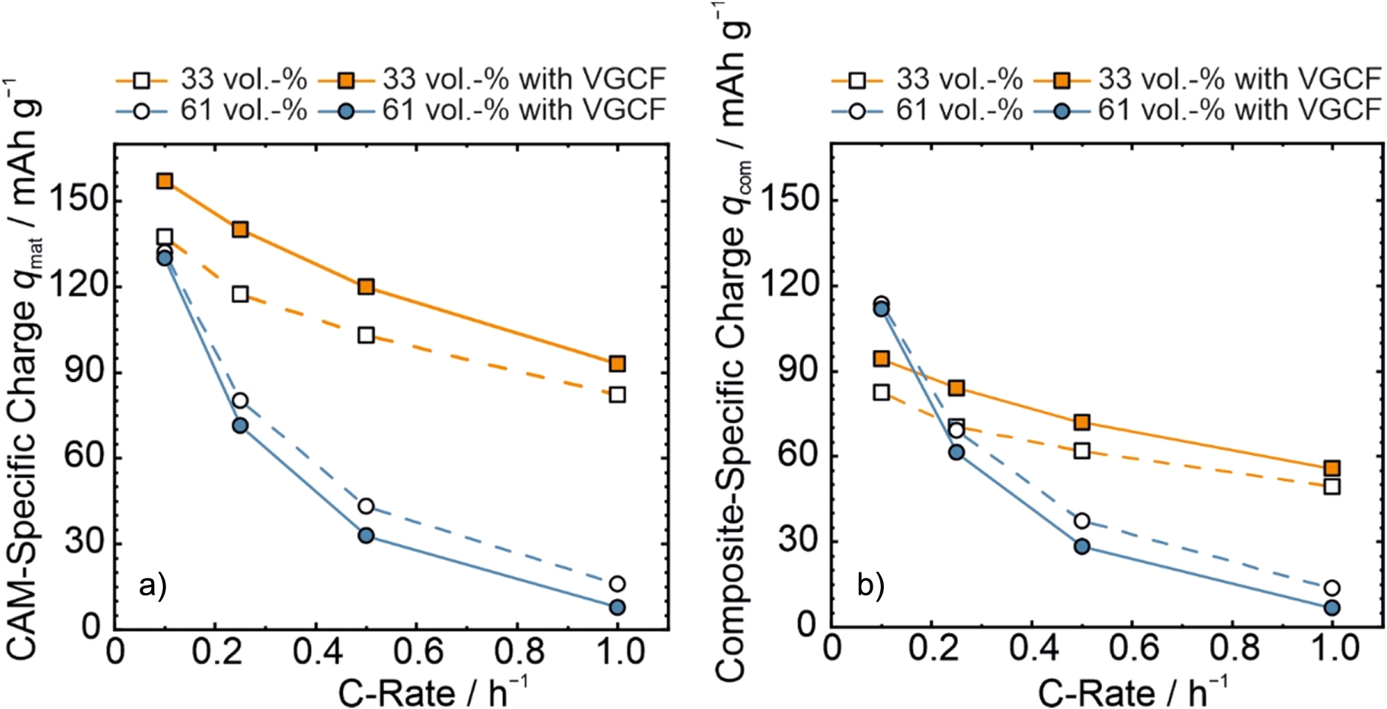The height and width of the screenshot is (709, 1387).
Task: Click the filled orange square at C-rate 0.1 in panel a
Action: coord(165,181)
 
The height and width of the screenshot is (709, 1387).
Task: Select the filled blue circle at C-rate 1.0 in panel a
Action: coord(617,607)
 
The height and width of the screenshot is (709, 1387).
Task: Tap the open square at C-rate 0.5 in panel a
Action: coord(366,335)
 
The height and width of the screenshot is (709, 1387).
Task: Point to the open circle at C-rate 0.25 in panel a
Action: coord(240,400)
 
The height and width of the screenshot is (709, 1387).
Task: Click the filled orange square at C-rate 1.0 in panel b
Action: coord(1332,468)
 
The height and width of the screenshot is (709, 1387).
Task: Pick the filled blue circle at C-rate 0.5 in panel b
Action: coord(1082,546)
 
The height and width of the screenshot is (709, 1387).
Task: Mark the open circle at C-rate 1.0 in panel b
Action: coord(1332,588)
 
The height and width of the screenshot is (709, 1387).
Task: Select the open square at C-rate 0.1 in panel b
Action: coord(882,392)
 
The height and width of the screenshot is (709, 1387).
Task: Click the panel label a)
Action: coord(152,585)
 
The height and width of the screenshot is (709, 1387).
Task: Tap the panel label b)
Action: coord(870,585)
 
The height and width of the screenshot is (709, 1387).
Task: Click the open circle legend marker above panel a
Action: coord(141,111)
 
